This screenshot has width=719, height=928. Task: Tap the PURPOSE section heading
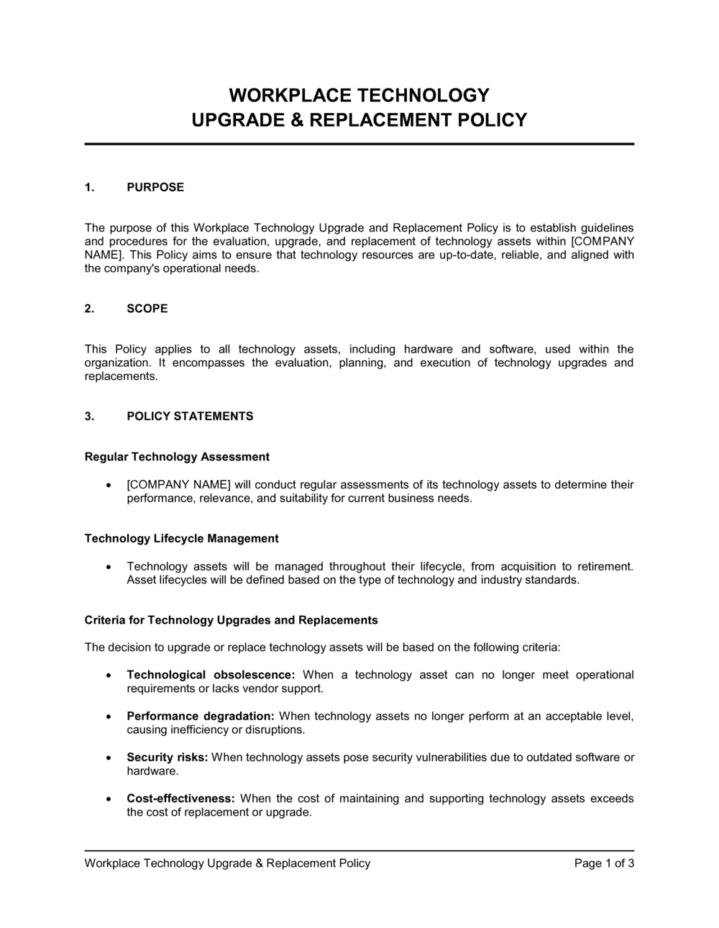[x=155, y=188]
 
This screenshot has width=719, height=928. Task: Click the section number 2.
[x=89, y=309]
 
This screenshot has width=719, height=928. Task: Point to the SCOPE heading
[x=147, y=309]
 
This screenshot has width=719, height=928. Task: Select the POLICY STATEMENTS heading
[x=190, y=417]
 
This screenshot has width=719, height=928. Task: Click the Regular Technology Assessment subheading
[x=177, y=457]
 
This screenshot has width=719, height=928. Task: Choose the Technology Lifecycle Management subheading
[x=181, y=539]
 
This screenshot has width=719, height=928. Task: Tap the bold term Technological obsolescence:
[x=211, y=675]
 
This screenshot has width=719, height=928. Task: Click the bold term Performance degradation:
[x=201, y=717]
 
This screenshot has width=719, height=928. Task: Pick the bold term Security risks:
[x=168, y=758]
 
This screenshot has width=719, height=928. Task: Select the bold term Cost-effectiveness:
[x=180, y=799]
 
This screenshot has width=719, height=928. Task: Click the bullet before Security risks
[x=108, y=758]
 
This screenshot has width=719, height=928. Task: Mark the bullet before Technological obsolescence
[x=108, y=675]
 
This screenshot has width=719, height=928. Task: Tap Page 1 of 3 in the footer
[x=604, y=863]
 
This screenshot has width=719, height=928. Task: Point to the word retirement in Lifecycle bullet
[x=605, y=567]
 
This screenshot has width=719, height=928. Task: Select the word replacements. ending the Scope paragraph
[x=121, y=376]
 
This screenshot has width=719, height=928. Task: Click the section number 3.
[x=89, y=417]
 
